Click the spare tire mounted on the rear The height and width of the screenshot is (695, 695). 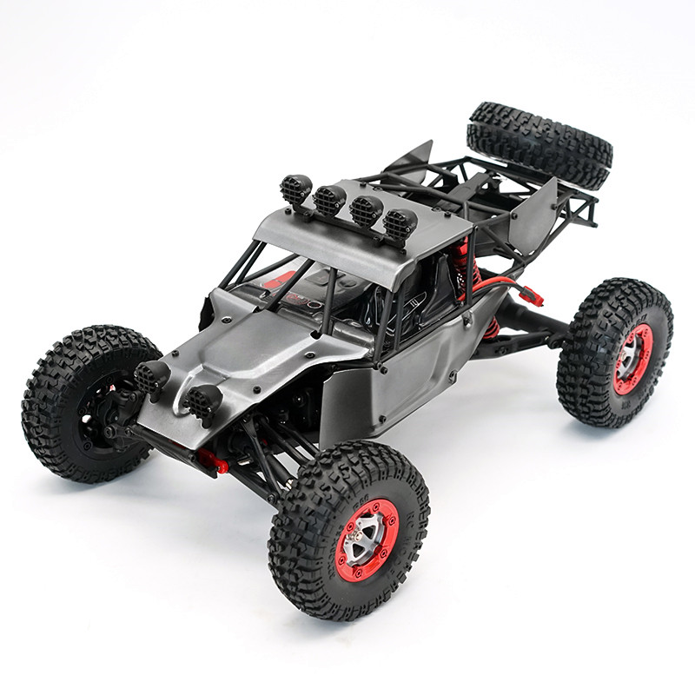coord(539,143)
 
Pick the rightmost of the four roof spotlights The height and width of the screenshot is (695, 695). coord(399,224)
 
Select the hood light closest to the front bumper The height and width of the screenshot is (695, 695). coord(204,402)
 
